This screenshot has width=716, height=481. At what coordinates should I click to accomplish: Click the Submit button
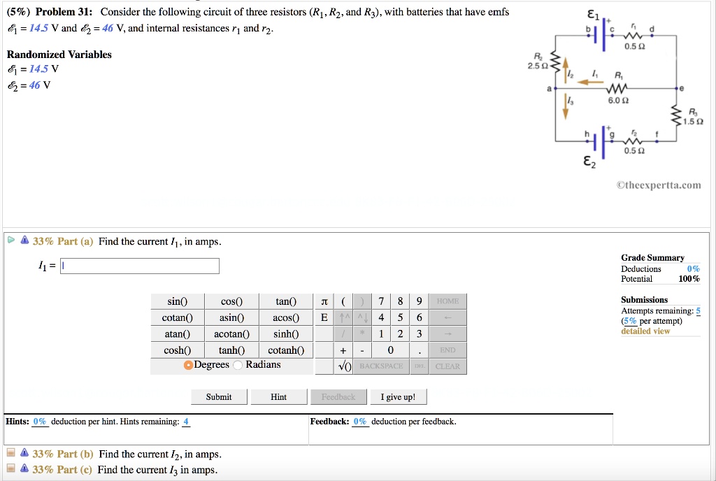click(x=219, y=397)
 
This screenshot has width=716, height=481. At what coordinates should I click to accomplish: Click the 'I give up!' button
click(x=398, y=397)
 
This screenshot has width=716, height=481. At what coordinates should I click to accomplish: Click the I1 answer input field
click(x=140, y=266)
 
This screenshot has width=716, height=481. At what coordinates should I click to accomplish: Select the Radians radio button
click(x=238, y=365)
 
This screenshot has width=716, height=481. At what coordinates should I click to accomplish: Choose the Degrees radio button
click(x=189, y=365)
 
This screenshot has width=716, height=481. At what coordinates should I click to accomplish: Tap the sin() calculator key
click(x=178, y=302)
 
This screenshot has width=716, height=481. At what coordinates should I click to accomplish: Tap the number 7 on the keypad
click(x=380, y=301)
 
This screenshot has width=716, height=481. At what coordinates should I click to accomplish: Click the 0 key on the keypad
click(x=390, y=350)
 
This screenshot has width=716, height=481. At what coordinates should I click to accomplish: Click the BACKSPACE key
click(x=381, y=366)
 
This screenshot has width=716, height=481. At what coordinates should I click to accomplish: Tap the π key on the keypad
click(x=323, y=301)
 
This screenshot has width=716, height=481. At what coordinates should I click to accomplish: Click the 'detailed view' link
click(x=645, y=331)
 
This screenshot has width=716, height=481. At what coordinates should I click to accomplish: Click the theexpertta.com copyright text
click(x=659, y=185)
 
